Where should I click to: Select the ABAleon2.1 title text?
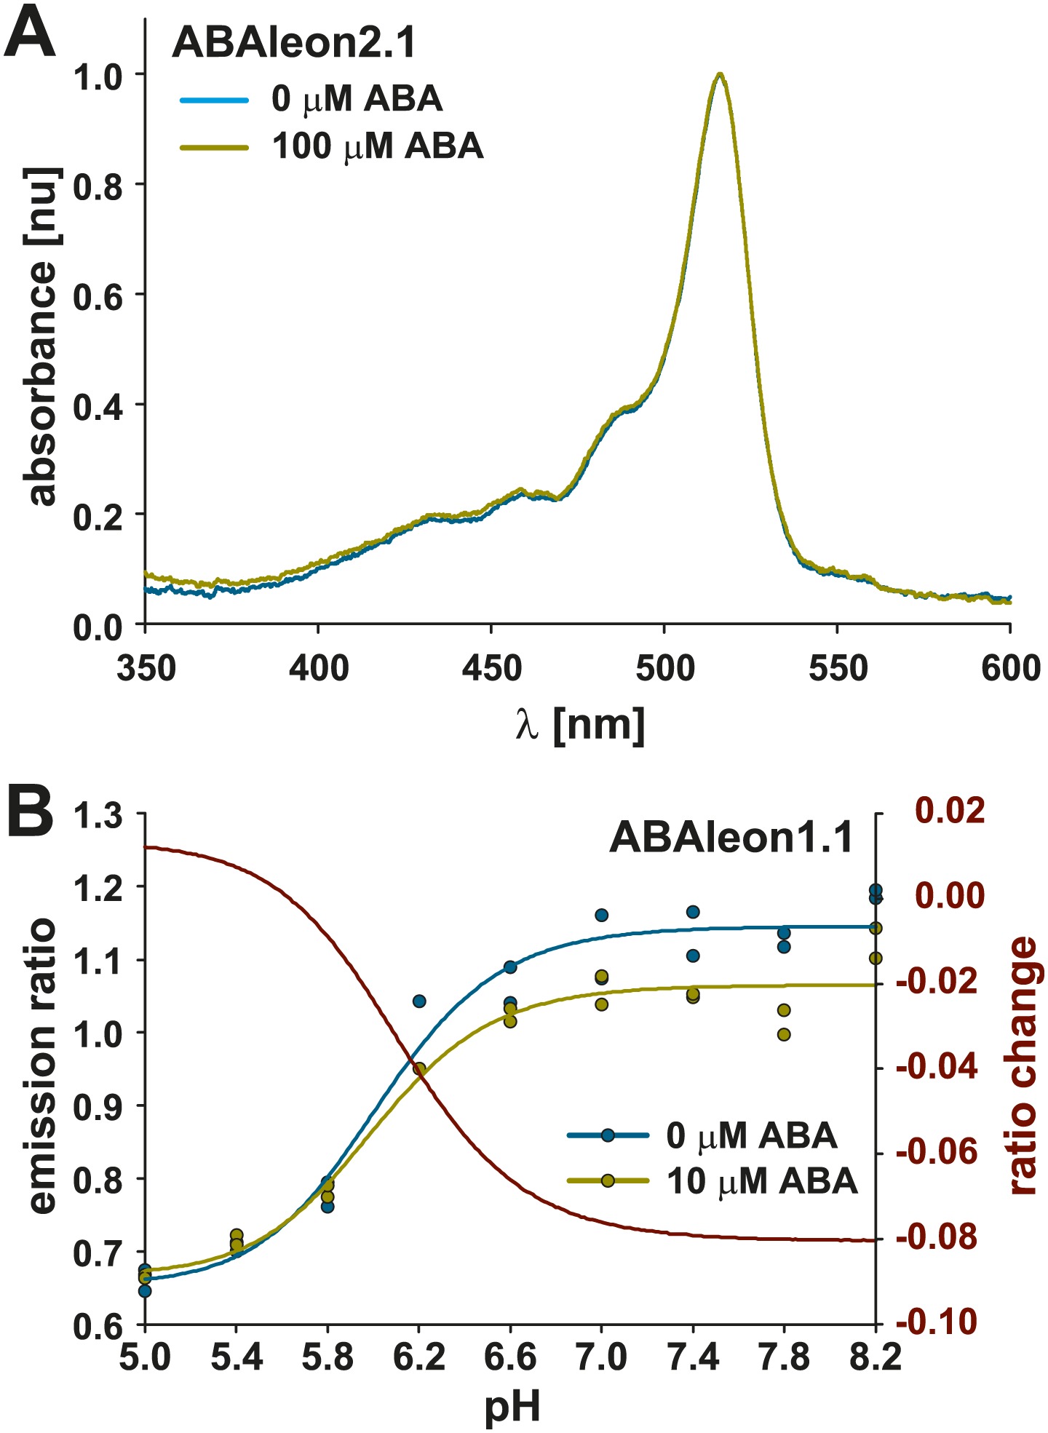pos(294,44)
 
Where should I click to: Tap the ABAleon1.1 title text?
pos(731,838)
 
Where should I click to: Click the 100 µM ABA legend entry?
pos(377,146)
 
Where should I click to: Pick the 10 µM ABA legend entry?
pos(761,1180)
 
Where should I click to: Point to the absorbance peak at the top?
pos(720,75)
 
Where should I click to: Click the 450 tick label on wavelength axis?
pos(492,667)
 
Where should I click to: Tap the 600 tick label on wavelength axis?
pos(1010,667)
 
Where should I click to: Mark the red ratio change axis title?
pos(1024,1065)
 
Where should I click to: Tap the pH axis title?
pos(512,1405)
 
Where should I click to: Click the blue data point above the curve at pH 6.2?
pos(418,1001)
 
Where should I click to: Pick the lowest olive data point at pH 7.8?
pos(784,1034)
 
